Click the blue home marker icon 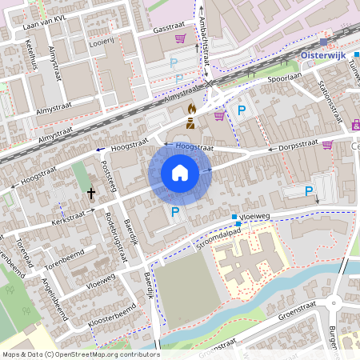click(180, 174)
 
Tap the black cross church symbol click(91, 193)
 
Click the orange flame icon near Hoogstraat click(190, 109)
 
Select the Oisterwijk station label click(333, 54)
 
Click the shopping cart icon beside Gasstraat click(181, 38)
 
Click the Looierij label click(102, 40)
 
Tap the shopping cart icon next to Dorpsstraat click(327, 145)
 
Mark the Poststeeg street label click(110, 175)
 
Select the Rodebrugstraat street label click(117, 236)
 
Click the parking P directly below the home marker click(175, 212)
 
